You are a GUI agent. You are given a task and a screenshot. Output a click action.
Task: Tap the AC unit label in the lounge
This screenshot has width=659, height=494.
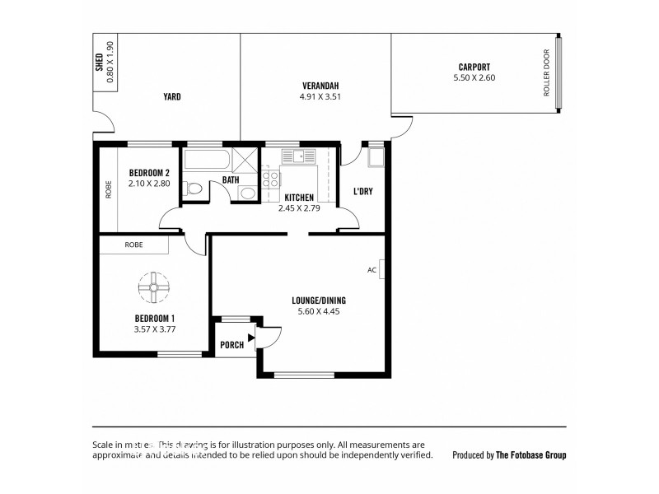pos(372,269)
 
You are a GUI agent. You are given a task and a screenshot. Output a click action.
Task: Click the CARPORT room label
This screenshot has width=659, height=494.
pos(474,67)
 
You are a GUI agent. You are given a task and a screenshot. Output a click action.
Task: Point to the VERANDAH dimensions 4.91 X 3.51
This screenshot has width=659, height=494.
pos(320,96)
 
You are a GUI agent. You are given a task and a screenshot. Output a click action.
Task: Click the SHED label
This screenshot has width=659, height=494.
pos(99,63)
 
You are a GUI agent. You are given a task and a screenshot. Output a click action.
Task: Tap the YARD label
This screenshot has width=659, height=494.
pos(171,96)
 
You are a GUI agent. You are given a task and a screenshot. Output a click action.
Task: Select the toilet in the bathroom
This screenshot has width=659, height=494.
pos(194,189)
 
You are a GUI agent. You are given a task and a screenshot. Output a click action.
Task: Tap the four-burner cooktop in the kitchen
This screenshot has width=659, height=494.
pos(270,179)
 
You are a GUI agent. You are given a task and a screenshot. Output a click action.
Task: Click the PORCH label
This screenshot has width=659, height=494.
pos(231,345)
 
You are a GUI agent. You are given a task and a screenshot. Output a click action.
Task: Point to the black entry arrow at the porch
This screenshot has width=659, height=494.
pos(250,338)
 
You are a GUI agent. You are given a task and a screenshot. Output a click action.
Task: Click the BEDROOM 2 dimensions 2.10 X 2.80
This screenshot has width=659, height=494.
pos(149,184)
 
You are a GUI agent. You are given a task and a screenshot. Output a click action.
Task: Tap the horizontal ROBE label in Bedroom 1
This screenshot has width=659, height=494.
pos(133,245)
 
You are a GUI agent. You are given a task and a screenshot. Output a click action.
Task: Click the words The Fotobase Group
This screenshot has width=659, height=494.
pos(530,454)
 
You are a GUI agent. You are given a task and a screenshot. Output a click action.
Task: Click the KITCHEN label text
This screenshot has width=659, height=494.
pos(300,198)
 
